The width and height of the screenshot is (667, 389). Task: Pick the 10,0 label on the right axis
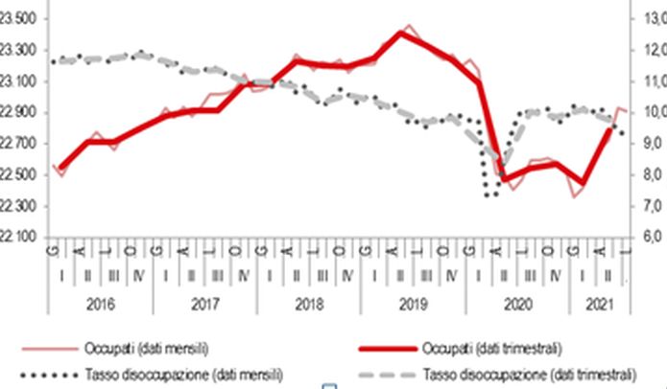[x=653, y=113]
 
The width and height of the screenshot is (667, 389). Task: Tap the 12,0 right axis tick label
[x=653, y=51]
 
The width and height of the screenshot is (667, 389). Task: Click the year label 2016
[x=99, y=304]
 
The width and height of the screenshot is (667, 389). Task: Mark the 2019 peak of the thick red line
[x=401, y=34]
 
